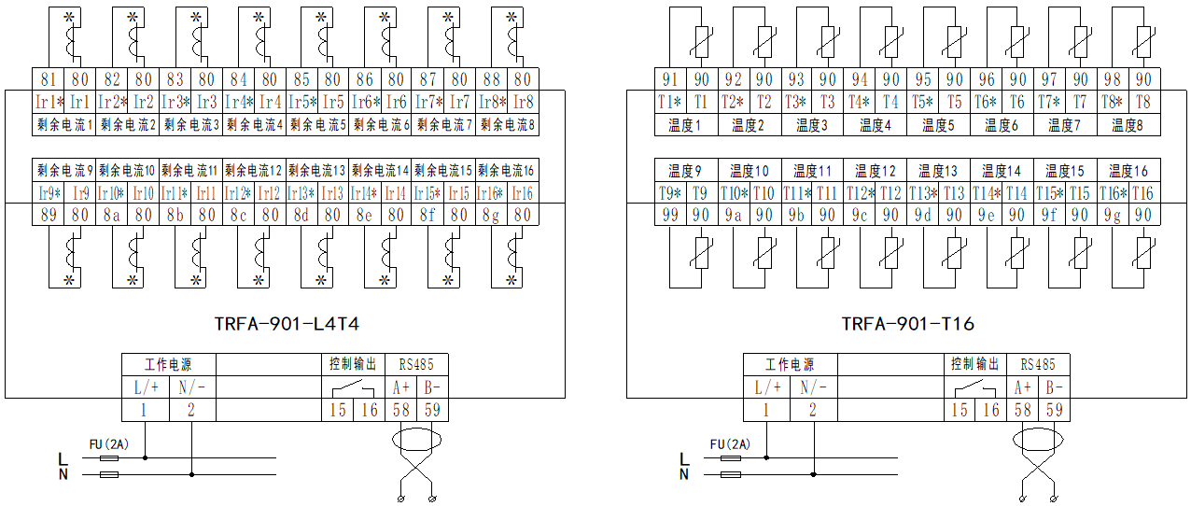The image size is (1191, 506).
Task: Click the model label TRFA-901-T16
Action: click(x=907, y=324)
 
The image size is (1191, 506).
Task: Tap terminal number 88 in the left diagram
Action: click(x=491, y=80)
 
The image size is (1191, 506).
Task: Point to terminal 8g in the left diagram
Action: click(x=491, y=215)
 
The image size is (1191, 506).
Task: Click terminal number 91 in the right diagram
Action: click(x=669, y=80)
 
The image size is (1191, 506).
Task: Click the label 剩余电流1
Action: click(x=64, y=124)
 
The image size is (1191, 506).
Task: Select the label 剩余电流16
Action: click(x=506, y=170)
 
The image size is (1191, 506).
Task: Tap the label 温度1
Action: click(x=685, y=124)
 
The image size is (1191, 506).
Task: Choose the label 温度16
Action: click(x=1128, y=171)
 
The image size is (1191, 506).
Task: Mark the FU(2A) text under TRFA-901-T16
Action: click(x=730, y=444)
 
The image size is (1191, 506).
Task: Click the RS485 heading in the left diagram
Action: click(x=415, y=364)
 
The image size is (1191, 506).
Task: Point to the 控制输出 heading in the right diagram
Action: click(x=974, y=364)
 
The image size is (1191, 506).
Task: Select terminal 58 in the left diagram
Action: click(x=401, y=410)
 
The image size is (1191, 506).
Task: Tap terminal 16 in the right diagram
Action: click(x=990, y=410)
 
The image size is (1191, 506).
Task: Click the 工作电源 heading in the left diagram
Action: click(x=169, y=364)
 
